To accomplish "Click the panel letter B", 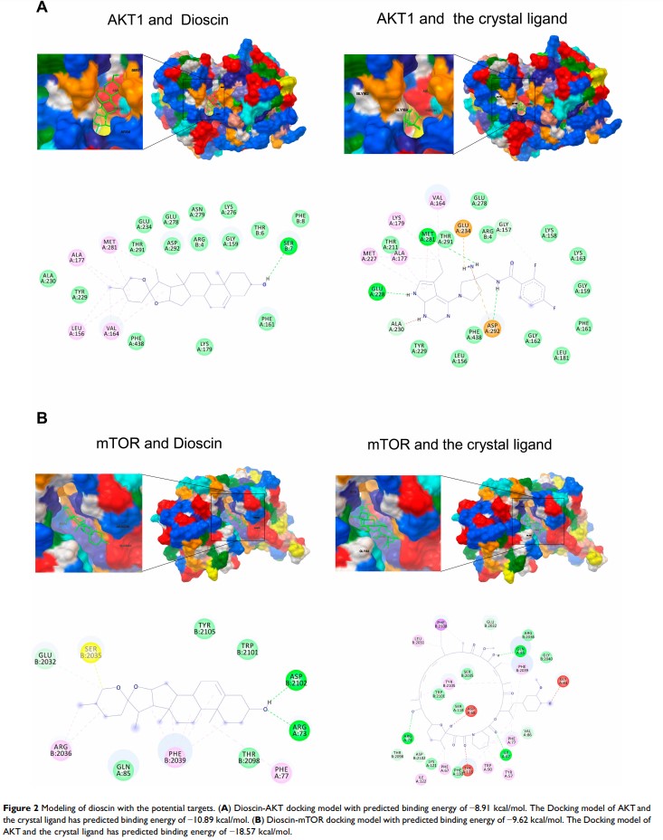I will click(x=42, y=420).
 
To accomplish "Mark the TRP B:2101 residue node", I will click(x=247, y=647).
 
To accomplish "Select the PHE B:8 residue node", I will click(x=300, y=217).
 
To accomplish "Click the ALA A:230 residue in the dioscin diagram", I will click(x=48, y=277).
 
